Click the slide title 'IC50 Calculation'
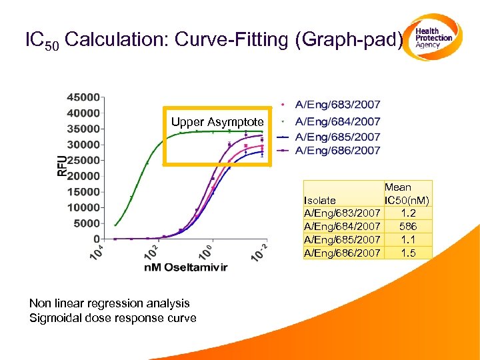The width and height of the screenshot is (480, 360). (x=213, y=40)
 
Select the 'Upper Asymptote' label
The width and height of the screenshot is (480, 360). (x=217, y=122)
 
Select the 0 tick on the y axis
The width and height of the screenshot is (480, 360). (x=97, y=239)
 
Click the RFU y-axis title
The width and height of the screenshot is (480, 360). (x=61, y=166)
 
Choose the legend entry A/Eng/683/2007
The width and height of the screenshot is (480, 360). (x=337, y=105)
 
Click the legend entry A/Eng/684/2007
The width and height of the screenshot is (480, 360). (x=337, y=121)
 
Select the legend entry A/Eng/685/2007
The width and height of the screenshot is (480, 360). (x=337, y=137)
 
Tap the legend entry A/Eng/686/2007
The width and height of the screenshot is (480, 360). (x=337, y=151)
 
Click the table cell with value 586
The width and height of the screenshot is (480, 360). (x=407, y=227)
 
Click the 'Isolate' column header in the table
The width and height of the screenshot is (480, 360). (x=319, y=200)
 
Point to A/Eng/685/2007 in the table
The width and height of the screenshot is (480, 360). (x=342, y=239)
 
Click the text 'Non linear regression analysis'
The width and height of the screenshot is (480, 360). (x=109, y=303)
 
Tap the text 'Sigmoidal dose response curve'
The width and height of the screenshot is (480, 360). (x=113, y=318)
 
